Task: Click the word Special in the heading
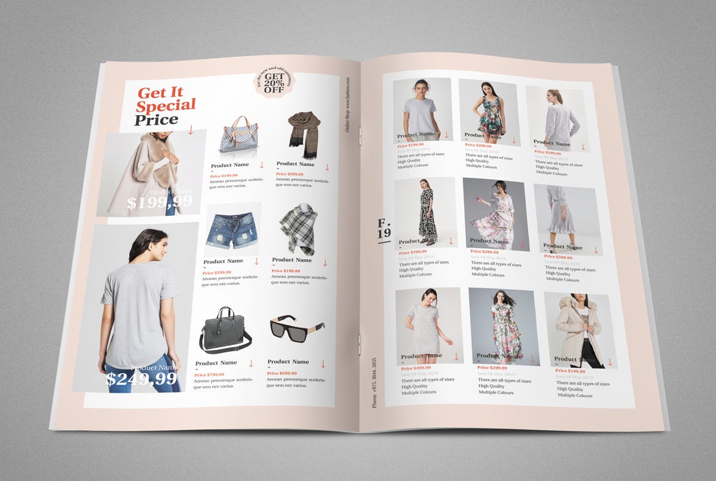tap(166, 105)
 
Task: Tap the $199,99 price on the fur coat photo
tap(159, 202)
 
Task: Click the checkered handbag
tap(238, 140)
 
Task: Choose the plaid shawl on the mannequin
tap(297, 230)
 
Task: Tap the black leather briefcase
tap(224, 331)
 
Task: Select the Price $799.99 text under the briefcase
tap(209, 374)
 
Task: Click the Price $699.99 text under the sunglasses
tap(282, 373)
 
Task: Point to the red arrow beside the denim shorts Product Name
tap(256, 261)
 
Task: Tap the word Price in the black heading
tap(156, 120)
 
